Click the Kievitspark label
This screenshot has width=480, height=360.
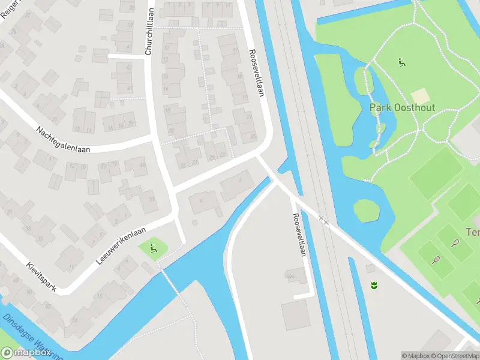pyautogui.click(x=41, y=277)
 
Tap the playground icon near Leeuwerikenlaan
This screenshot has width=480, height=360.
pyautogui.click(x=154, y=247)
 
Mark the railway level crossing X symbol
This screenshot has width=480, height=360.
pyautogui.click(x=324, y=220)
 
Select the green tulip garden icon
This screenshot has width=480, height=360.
pyautogui.click(x=374, y=285)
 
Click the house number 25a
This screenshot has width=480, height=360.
pyautogui.click(x=291, y=275)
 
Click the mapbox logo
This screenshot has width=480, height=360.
pyautogui.click(x=26, y=353)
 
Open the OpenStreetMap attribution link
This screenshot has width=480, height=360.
pyautogui.click(x=458, y=356)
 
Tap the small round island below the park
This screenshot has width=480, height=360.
pyautogui.click(x=366, y=211)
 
